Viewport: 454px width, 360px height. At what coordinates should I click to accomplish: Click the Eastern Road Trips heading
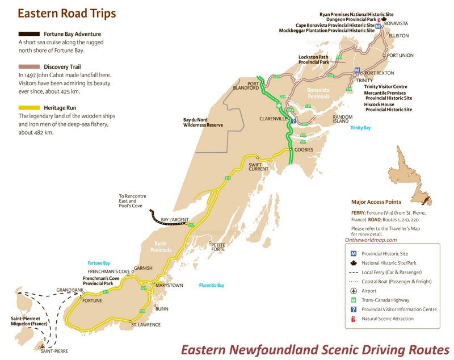(x=66, y=13)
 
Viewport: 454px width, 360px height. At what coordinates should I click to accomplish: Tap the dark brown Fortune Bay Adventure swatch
(x=37, y=34)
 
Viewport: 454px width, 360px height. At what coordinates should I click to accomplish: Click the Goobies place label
(x=304, y=149)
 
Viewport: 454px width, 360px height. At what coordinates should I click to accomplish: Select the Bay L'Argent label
(x=174, y=219)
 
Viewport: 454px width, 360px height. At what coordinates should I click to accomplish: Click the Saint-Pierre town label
(x=54, y=351)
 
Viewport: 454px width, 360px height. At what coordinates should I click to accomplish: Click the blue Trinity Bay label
(x=360, y=128)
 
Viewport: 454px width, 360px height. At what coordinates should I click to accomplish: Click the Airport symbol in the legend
(x=353, y=291)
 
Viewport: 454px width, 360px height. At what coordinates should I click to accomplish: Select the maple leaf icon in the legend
(x=353, y=263)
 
